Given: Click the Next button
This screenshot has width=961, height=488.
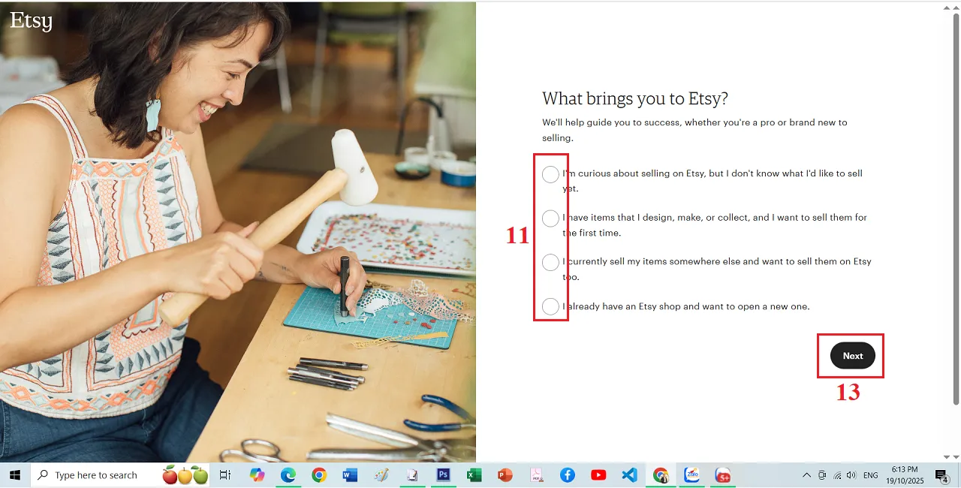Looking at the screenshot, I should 852,356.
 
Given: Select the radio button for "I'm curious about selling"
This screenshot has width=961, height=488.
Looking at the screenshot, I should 550,175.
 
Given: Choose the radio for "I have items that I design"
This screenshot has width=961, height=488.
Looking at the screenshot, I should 550,218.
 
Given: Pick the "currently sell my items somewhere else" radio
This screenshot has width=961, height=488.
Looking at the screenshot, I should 550,263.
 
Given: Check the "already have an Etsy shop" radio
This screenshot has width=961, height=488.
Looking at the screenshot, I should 550,306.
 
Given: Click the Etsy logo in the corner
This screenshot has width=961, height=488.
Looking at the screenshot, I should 31,20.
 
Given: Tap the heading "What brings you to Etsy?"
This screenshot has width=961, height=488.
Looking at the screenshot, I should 635,98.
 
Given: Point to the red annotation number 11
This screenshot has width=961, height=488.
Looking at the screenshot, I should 517,236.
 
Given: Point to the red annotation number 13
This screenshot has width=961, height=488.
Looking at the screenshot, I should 848,392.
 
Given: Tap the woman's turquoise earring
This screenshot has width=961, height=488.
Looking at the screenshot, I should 153,115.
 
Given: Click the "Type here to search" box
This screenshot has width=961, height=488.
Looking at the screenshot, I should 95,475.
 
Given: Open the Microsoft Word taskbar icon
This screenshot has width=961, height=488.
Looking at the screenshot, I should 350,475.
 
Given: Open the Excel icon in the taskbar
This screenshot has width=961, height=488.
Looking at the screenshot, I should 474,475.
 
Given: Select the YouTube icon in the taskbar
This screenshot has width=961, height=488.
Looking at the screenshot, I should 598,475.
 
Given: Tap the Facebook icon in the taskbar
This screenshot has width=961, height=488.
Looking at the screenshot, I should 567,475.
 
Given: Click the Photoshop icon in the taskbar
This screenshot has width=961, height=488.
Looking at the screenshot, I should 443,475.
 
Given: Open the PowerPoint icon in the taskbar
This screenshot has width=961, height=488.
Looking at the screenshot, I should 505,475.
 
